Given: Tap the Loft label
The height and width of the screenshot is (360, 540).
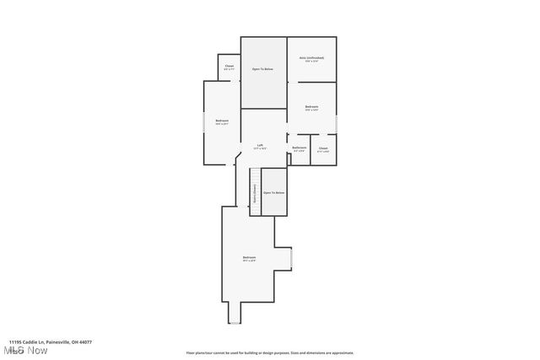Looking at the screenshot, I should [261, 146].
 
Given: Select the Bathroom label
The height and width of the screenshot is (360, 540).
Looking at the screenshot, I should [300, 148].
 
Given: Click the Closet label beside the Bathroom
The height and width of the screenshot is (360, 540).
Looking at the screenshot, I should [323, 148].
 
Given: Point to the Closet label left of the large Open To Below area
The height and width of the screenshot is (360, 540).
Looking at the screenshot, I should [229, 67].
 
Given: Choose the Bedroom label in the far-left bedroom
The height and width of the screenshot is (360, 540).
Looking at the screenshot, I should [221, 121].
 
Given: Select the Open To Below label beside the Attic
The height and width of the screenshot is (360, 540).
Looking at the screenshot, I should [262, 69].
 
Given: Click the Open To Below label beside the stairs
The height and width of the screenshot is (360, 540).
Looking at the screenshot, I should [273, 192].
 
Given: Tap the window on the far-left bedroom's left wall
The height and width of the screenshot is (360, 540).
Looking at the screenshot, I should [202, 122].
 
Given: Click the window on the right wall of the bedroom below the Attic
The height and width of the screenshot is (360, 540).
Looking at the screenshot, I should [337, 123].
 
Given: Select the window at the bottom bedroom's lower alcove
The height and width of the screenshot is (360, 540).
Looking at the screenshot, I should [235, 323].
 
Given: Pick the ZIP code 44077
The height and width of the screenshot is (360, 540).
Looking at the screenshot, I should [85, 342].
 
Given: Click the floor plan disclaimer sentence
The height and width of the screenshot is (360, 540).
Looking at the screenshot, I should [270, 353].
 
